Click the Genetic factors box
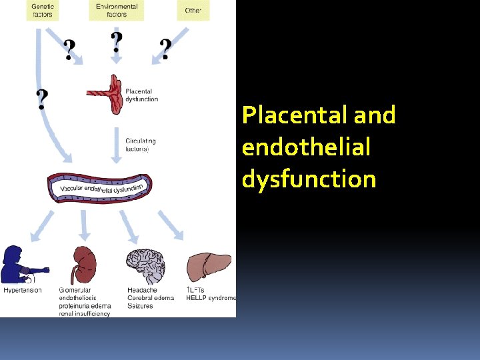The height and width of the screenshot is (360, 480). coord(43,9)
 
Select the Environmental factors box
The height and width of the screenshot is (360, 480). coord(116,9)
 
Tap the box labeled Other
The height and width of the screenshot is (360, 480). coord(193,9)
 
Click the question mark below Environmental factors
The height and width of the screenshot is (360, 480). coord(117,43)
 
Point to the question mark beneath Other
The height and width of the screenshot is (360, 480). coord(165,48)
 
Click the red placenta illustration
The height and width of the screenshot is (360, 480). coord(110,93)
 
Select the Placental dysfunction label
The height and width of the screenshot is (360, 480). coord(141,95)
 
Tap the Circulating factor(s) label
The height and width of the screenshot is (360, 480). coord(140,145)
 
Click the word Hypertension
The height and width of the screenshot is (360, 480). coord(23,290)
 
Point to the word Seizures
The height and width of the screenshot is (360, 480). coord(140,306)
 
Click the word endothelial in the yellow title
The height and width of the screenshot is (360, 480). coord(305,147)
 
